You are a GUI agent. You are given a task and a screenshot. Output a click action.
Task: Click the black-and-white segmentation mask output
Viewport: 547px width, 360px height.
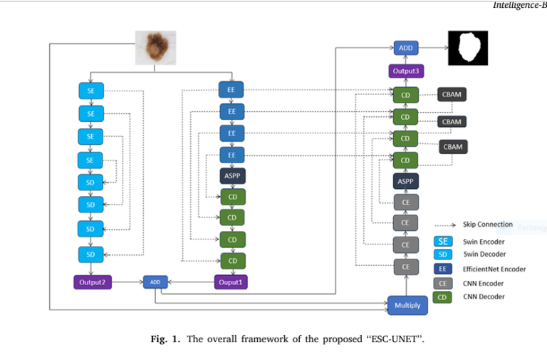pyautogui.click(x=467, y=48)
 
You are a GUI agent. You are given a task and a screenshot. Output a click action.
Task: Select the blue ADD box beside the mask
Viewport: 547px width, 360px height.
pyautogui.click(x=405, y=48)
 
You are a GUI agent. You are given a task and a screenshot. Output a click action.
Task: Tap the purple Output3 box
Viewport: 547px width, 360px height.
pyautogui.click(x=405, y=71)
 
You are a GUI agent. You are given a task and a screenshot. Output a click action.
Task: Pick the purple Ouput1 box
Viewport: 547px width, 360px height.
pyautogui.click(x=231, y=282)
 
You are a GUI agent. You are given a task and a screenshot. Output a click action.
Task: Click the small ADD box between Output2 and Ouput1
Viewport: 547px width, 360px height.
pyautogui.click(x=155, y=282)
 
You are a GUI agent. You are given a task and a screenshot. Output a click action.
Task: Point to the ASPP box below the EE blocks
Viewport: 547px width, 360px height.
pyautogui.click(x=232, y=175)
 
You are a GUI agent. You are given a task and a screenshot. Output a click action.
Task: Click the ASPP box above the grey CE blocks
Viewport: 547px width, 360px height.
pyautogui.click(x=405, y=182)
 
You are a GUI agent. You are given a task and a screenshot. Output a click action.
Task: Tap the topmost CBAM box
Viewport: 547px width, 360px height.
pyautogui.click(x=452, y=95)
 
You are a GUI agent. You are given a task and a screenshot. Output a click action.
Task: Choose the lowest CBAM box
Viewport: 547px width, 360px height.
pyautogui.click(x=453, y=147)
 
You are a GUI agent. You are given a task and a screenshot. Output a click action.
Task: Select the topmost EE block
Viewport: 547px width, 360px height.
pyautogui.click(x=231, y=90)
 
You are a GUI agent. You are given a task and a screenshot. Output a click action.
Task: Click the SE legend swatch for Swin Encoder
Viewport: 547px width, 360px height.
pyautogui.click(x=442, y=242)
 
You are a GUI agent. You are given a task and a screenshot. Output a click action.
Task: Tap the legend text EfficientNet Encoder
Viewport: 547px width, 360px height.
pyautogui.click(x=494, y=269)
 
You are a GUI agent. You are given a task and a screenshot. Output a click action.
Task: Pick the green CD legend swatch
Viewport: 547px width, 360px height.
pyautogui.click(x=442, y=296)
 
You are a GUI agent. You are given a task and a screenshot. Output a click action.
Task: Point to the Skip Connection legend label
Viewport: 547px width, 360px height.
pyautogui.click(x=487, y=225)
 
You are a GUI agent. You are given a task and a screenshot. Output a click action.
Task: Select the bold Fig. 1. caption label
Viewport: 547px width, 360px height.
pyautogui.click(x=165, y=339)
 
